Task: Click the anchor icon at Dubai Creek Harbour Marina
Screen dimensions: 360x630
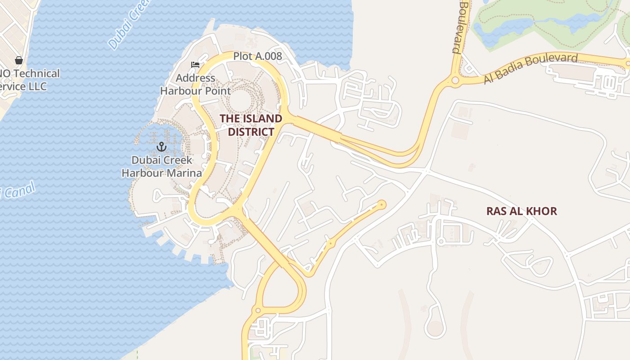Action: click(x=161, y=146)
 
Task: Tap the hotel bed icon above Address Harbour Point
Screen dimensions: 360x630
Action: click(x=195, y=65)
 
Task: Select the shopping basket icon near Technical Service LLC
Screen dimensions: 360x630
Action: click(x=19, y=60)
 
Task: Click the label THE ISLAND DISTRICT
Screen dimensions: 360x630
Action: click(x=251, y=125)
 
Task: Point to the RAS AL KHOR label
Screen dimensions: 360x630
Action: click(x=522, y=211)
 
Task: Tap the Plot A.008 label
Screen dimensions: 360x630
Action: click(x=257, y=56)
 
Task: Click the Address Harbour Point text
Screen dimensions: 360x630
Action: click(x=195, y=84)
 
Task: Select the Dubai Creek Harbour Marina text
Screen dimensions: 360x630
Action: click(x=162, y=166)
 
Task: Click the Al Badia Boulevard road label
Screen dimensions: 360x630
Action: click(x=531, y=68)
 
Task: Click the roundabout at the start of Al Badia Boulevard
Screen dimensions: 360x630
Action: click(x=455, y=81)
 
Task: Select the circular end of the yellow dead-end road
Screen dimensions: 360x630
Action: click(x=382, y=205)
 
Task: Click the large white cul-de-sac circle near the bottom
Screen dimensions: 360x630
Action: click(x=435, y=328)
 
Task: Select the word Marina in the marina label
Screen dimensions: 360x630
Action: click(x=184, y=173)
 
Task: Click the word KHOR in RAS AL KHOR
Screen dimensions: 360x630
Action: click(x=542, y=211)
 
